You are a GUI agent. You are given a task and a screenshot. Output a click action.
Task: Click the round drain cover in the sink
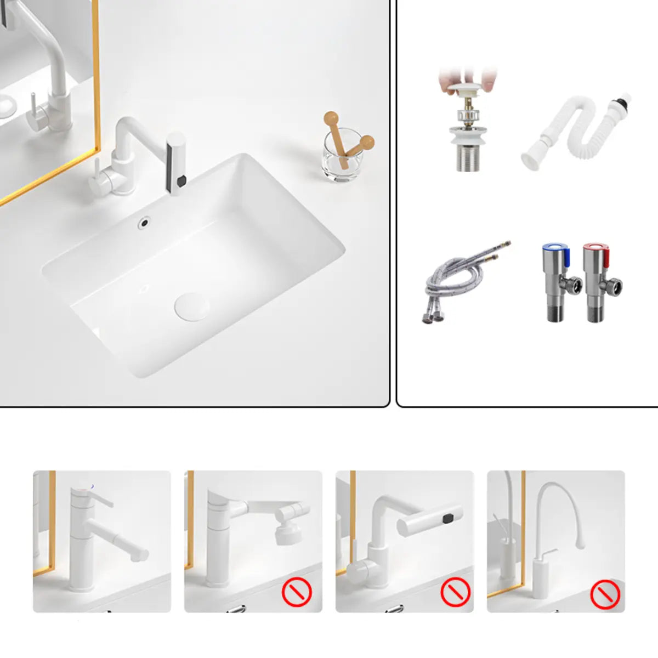click(x=192, y=306)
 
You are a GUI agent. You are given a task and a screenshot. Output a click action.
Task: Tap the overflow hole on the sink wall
click(x=145, y=222)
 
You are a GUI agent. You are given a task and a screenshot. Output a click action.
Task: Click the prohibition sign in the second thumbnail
click(x=297, y=592)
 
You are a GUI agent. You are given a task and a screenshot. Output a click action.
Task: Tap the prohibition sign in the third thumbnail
click(x=455, y=592)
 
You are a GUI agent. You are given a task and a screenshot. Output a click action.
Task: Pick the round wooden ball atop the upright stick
click(x=331, y=118)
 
